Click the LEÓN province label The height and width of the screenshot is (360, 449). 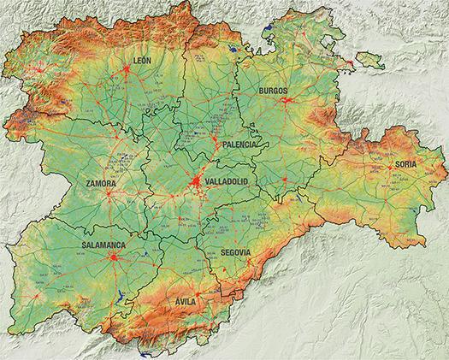click(143, 60)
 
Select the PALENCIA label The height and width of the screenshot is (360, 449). click(239, 145)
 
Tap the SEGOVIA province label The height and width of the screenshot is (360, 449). click(235, 253)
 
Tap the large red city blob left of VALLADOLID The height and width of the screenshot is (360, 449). click(196, 182)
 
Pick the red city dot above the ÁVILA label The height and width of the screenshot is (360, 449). click(187, 290)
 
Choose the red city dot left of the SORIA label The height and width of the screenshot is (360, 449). click(390, 168)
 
